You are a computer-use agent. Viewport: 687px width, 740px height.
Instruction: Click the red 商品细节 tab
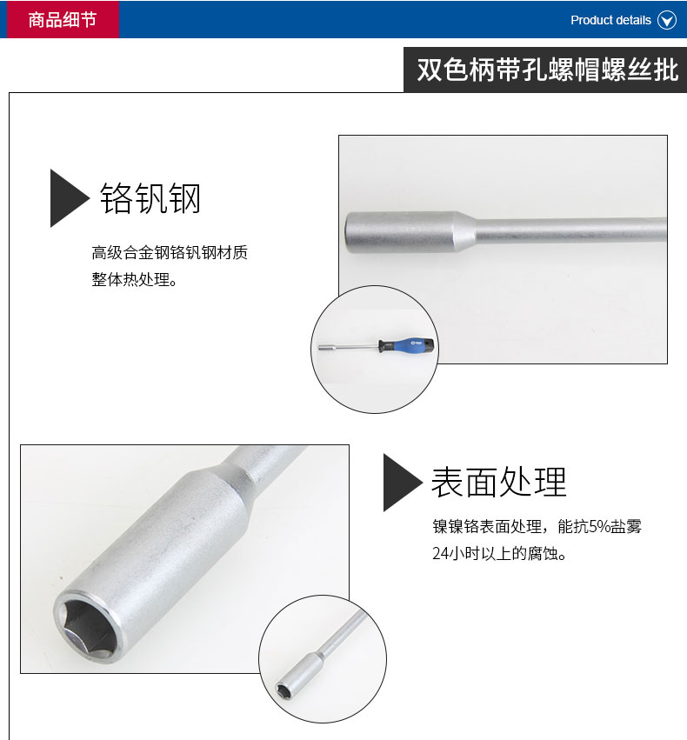click(63, 19)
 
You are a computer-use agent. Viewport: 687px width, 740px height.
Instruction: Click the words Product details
click(610, 20)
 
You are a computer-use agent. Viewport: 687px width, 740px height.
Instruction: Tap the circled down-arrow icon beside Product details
click(667, 20)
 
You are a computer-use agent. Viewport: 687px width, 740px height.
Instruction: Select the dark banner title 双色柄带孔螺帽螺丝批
click(547, 70)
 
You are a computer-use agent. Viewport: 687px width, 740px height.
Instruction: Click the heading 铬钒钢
click(150, 198)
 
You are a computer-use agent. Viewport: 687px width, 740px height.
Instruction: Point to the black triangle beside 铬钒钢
click(70, 198)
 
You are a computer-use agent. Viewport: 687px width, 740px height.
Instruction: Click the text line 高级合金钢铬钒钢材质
click(170, 252)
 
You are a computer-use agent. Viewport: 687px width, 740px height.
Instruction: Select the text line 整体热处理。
click(135, 279)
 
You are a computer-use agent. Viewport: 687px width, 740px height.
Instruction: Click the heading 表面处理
click(499, 483)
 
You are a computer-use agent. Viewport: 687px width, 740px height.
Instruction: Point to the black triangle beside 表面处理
click(403, 483)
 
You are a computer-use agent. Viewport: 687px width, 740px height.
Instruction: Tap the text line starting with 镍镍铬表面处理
click(537, 526)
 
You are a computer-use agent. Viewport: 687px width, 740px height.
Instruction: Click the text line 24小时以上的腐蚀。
click(500, 553)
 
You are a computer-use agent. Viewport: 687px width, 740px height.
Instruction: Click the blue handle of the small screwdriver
click(407, 345)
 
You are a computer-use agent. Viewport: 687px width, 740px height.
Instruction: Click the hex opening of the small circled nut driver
click(283, 690)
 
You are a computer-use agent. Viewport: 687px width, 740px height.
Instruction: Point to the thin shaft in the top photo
click(571, 230)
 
